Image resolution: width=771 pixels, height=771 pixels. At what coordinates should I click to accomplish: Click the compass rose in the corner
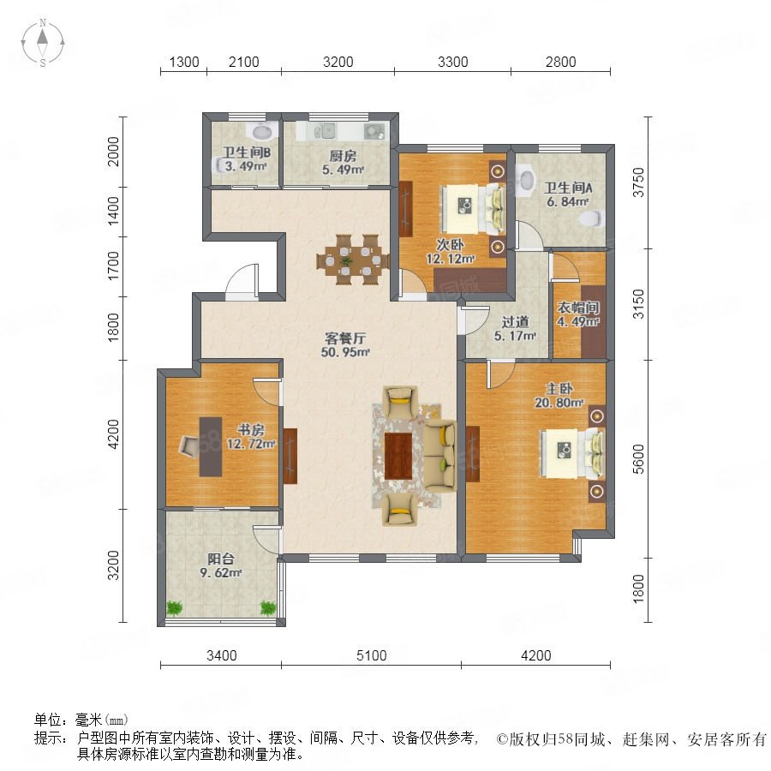pyautogui.click(x=43, y=43)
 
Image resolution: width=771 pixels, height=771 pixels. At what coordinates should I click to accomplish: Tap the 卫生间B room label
pyautogui.click(x=246, y=152)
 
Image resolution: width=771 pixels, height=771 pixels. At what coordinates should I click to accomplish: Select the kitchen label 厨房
pyautogui.click(x=343, y=157)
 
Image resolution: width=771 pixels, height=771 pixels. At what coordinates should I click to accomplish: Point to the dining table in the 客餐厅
pyautogui.click(x=353, y=259)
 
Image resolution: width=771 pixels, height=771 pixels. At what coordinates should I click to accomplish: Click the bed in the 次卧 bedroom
pyautogui.click(x=473, y=208)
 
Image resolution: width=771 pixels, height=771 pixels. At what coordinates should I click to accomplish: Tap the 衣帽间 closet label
pyautogui.click(x=577, y=308)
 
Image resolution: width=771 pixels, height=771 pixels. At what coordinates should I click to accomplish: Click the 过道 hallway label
pyautogui.click(x=515, y=322)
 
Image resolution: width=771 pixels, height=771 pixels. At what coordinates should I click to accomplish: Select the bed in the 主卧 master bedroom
pyautogui.click(x=572, y=453)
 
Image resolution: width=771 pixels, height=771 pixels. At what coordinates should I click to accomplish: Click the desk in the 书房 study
pyautogui.click(x=211, y=446)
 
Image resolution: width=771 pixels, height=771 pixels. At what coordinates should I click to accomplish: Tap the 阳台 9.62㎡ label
pyautogui.click(x=221, y=565)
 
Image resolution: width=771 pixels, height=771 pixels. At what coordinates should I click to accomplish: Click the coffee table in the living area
pyautogui.click(x=398, y=456)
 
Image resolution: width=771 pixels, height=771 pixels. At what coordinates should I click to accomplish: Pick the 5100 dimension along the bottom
pyautogui.click(x=371, y=655)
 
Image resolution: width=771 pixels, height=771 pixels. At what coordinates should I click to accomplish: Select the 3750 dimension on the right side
pyautogui.click(x=638, y=182)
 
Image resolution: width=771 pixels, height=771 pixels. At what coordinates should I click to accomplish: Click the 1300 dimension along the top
pyautogui.click(x=184, y=62)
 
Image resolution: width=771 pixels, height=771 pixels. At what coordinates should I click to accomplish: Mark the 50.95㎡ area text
pyautogui.click(x=345, y=352)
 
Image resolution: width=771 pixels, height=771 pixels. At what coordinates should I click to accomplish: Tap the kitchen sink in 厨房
pyautogui.click(x=325, y=131)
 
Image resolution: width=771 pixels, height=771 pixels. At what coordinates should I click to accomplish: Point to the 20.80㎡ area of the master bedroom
pyautogui.click(x=559, y=403)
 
